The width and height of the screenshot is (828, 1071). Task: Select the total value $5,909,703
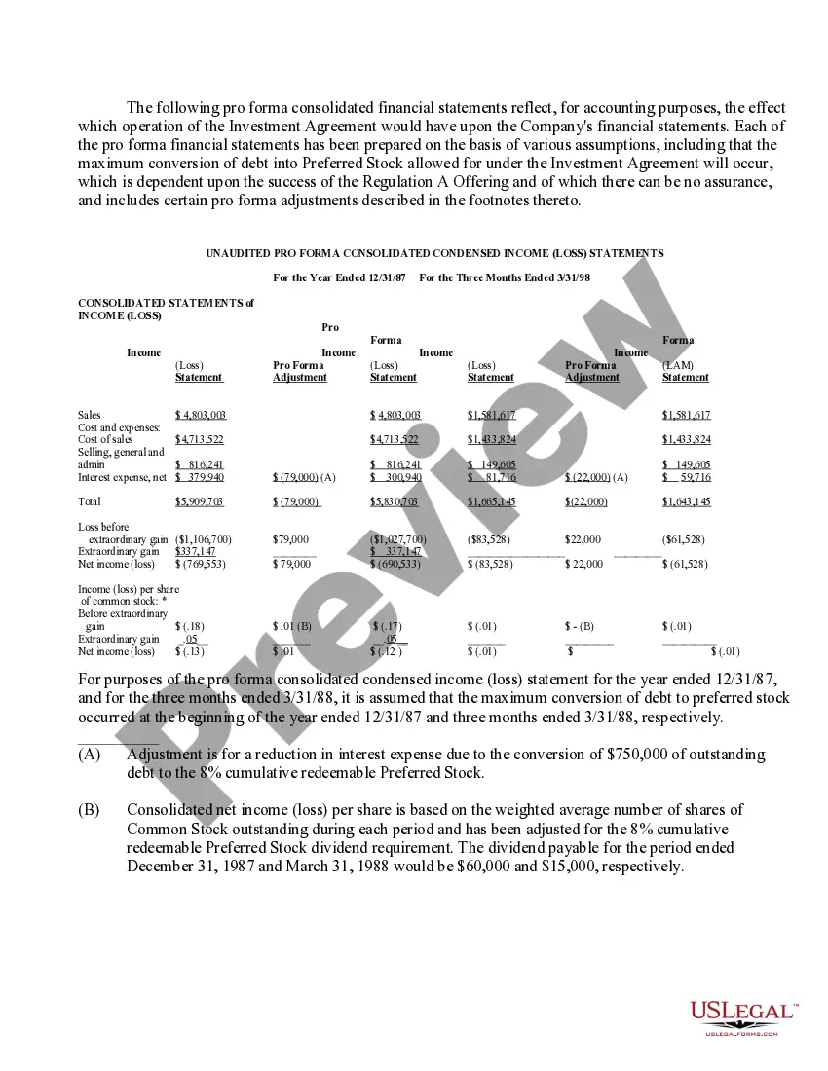(200, 501)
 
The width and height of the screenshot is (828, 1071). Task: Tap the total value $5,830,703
(395, 501)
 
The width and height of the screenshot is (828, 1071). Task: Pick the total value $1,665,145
(492, 501)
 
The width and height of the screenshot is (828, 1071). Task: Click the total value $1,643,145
(687, 501)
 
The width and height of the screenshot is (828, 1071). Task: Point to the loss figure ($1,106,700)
(203, 538)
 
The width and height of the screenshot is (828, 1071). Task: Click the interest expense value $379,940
(200, 477)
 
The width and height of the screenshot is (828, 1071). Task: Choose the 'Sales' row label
(89, 415)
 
